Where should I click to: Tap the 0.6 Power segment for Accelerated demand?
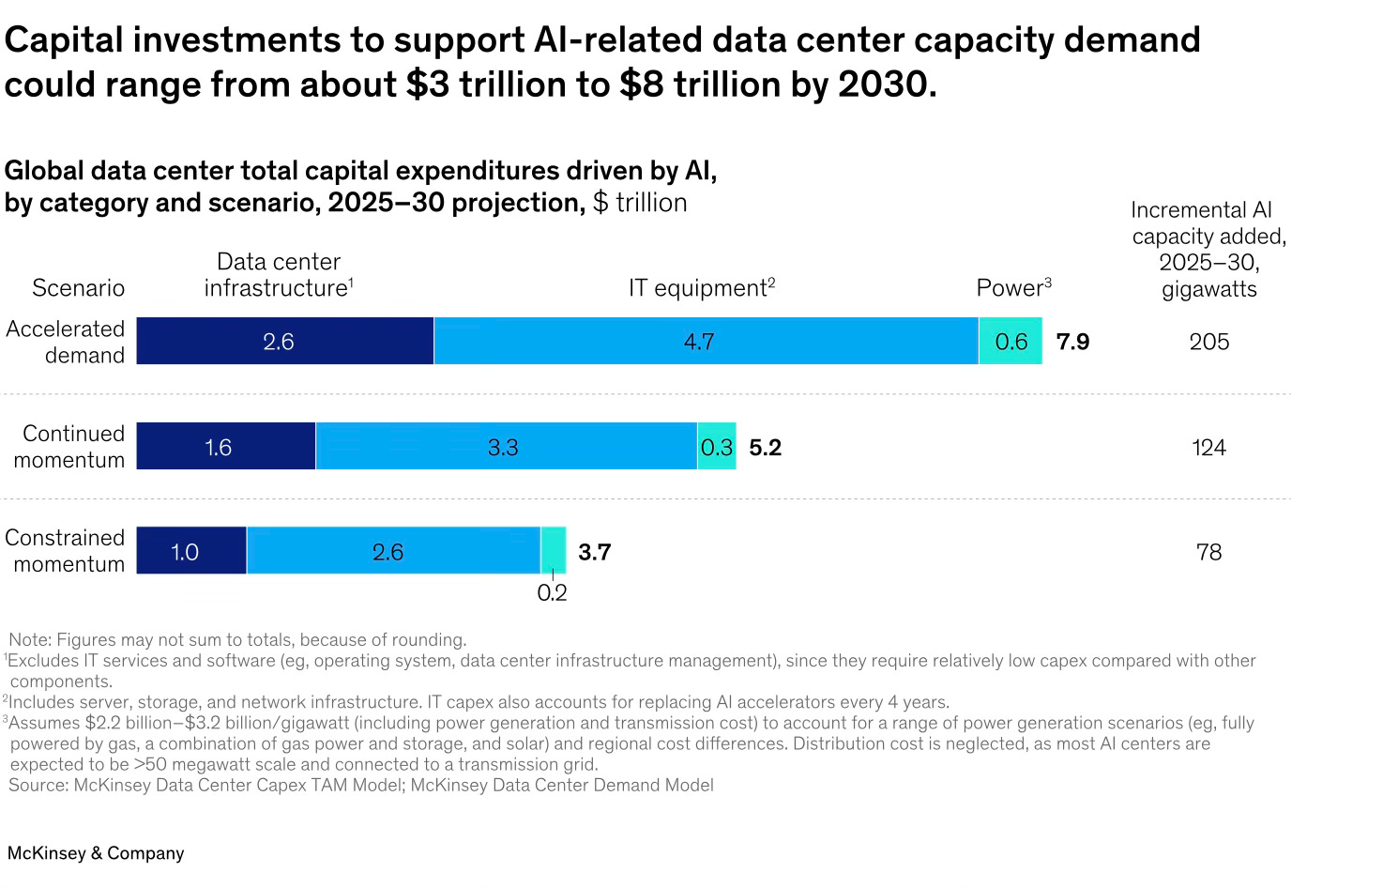[x=1011, y=341]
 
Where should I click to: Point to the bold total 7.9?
[x=1072, y=342]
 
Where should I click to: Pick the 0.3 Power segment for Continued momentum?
[x=716, y=447]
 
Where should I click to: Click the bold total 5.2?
[x=765, y=448]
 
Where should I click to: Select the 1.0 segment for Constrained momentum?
[x=190, y=551]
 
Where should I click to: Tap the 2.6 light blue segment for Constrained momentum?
[x=392, y=551]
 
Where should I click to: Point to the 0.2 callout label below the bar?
[x=552, y=593]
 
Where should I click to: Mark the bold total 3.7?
[x=594, y=552]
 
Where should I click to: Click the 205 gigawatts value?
[x=1208, y=342]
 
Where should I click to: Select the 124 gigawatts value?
[x=1208, y=448]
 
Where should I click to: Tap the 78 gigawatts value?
[x=1208, y=552]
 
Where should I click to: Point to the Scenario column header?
[x=78, y=288]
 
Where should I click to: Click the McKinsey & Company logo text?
[x=96, y=853]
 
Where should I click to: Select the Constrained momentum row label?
[x=65, y=551]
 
